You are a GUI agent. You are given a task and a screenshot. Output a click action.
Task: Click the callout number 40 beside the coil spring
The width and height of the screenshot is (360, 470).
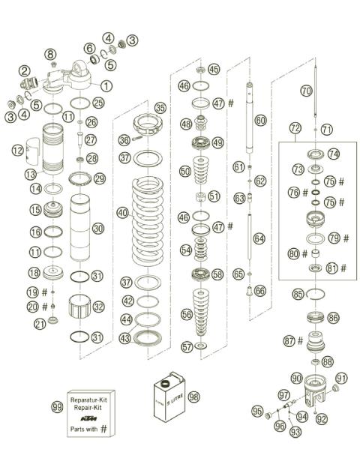coord(122,213)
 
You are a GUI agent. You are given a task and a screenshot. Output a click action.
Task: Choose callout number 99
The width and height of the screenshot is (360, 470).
coord(56,406)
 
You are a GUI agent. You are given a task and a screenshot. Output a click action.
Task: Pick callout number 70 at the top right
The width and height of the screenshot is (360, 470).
coord(305,90)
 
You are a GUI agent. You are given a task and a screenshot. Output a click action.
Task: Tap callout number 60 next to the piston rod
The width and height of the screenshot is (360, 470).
coord(260,119)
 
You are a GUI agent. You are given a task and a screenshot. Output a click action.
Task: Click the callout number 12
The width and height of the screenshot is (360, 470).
coord(18,151)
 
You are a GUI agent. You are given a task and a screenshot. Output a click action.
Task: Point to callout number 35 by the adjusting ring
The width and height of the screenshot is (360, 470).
coord(160,107)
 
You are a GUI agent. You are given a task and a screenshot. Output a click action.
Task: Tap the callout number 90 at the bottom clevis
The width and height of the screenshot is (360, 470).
coord(297,378)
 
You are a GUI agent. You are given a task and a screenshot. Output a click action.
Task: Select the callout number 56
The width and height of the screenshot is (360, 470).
coord(185,316)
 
